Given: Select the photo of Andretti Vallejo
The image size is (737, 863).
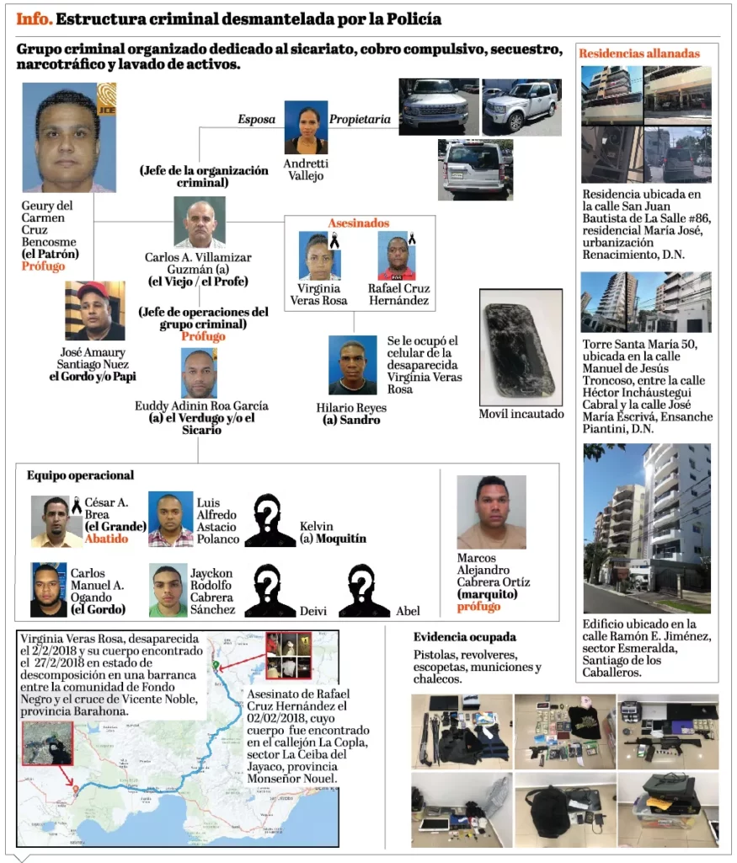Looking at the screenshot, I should [x=306, y=127].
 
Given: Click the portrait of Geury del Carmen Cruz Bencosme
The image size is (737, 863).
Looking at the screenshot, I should [x=69, y=137].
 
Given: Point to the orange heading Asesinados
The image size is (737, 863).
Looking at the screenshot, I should [x=358, y=223].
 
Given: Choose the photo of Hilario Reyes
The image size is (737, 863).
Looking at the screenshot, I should [x=352, y=365].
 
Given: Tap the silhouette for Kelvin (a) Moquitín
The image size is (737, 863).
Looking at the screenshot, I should [x=270, y=520].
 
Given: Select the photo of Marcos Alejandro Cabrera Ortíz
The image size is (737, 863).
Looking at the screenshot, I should [x=491, y=512].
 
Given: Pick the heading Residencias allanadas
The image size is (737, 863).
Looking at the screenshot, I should [x=638, y=54].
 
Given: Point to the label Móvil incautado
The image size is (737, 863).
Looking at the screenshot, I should [x=521, y=414].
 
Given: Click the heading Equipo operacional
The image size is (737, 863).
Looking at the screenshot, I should [x=80, y=476].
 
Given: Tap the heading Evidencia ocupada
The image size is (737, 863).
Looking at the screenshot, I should [x=465, y=637].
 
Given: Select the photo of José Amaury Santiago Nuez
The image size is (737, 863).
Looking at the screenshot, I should [x=94, y=311].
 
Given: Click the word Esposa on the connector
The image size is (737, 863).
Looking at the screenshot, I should [x=256, y=120].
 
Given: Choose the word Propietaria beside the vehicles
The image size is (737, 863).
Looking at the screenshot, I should [x=360, y=120].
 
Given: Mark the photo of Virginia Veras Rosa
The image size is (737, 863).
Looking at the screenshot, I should [x=319, y=256].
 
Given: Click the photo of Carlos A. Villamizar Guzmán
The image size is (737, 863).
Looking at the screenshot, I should [x=199, y=222].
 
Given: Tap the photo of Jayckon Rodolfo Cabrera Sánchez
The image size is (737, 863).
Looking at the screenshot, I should [x=168, y=590].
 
